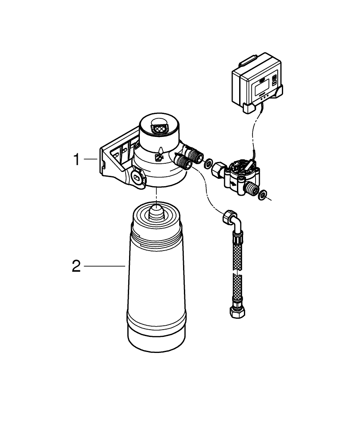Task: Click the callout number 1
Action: point(76,160)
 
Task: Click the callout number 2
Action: point(76,266)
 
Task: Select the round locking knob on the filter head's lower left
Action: point(137,177)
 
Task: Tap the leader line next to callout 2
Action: point(104,266)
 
